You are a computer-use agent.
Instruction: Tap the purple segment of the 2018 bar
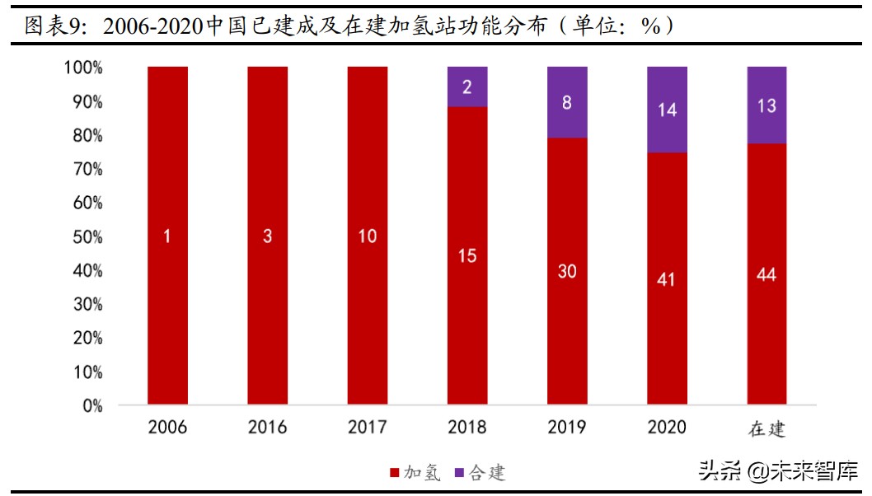467,87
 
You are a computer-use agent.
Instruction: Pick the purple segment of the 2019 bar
567,102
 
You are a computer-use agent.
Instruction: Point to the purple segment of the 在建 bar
767,105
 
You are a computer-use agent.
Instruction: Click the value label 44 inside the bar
767,275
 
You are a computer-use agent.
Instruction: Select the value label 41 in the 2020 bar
667,279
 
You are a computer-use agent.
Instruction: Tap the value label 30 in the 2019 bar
567,271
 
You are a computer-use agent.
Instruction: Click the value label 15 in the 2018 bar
467,256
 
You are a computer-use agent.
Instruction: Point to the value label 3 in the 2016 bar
267,236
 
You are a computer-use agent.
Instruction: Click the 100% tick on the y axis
83,68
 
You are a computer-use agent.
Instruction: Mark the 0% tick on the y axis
91,406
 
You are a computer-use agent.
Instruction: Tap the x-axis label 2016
267,428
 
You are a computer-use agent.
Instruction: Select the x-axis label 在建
767,428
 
